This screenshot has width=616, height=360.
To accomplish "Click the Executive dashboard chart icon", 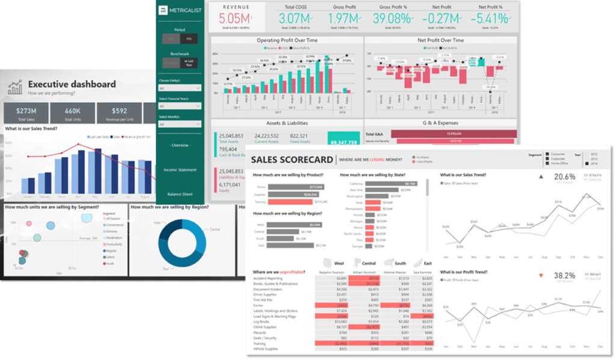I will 15,88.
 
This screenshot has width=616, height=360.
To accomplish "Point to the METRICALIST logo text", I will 185,10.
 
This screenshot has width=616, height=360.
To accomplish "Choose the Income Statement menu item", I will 179,170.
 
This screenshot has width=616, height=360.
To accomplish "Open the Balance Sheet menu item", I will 179,194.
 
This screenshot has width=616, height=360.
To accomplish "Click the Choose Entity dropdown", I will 179,88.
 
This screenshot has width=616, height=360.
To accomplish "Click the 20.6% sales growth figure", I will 564,176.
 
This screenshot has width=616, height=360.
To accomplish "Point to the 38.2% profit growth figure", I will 564,275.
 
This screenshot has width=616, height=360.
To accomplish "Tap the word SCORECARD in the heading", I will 306,160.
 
